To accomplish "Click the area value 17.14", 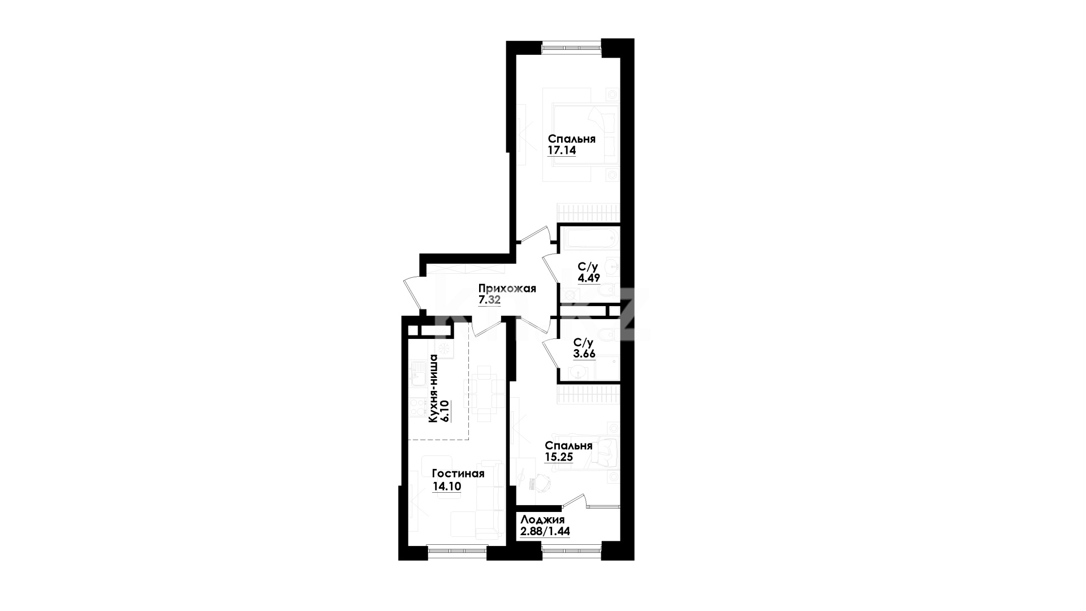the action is (x=562, y=151).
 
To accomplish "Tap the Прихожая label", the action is (x=507, y=289).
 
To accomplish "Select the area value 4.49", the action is (x=588, y=278).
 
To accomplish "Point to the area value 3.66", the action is (x=584, y=354).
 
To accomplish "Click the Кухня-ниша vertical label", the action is (x=434, y=388).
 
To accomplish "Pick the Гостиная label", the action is (x=458, y=474).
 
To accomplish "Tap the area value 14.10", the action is (x=447, y=486).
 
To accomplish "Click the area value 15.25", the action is (x=559, y=458).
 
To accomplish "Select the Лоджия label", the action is (x=542, y=520).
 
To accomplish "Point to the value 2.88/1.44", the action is (x=545, y=532).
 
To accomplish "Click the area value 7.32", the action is (x=490, y=300).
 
